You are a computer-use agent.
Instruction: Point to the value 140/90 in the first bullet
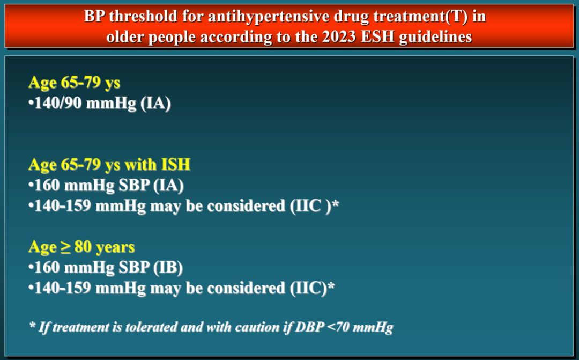tap(58, 103)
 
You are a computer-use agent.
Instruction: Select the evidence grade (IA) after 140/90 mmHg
tap(155, 103)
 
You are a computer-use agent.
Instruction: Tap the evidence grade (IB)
tap(168, 268)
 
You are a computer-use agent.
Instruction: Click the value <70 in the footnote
tap(338, 327)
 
